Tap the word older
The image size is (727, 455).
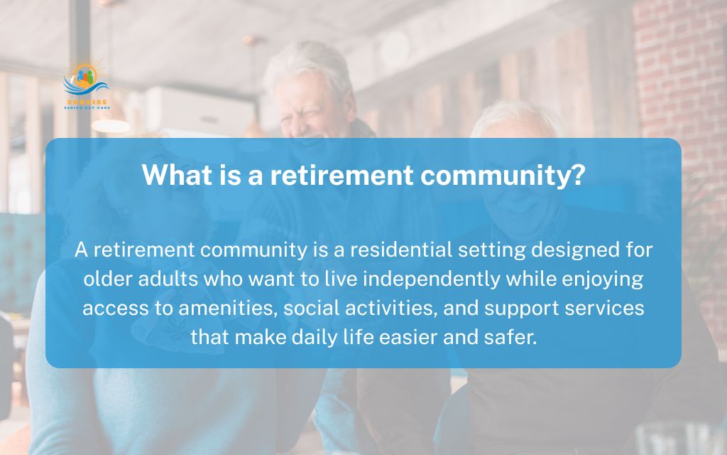(x=106, y=279)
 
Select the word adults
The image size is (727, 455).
(x=165, y=279)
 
